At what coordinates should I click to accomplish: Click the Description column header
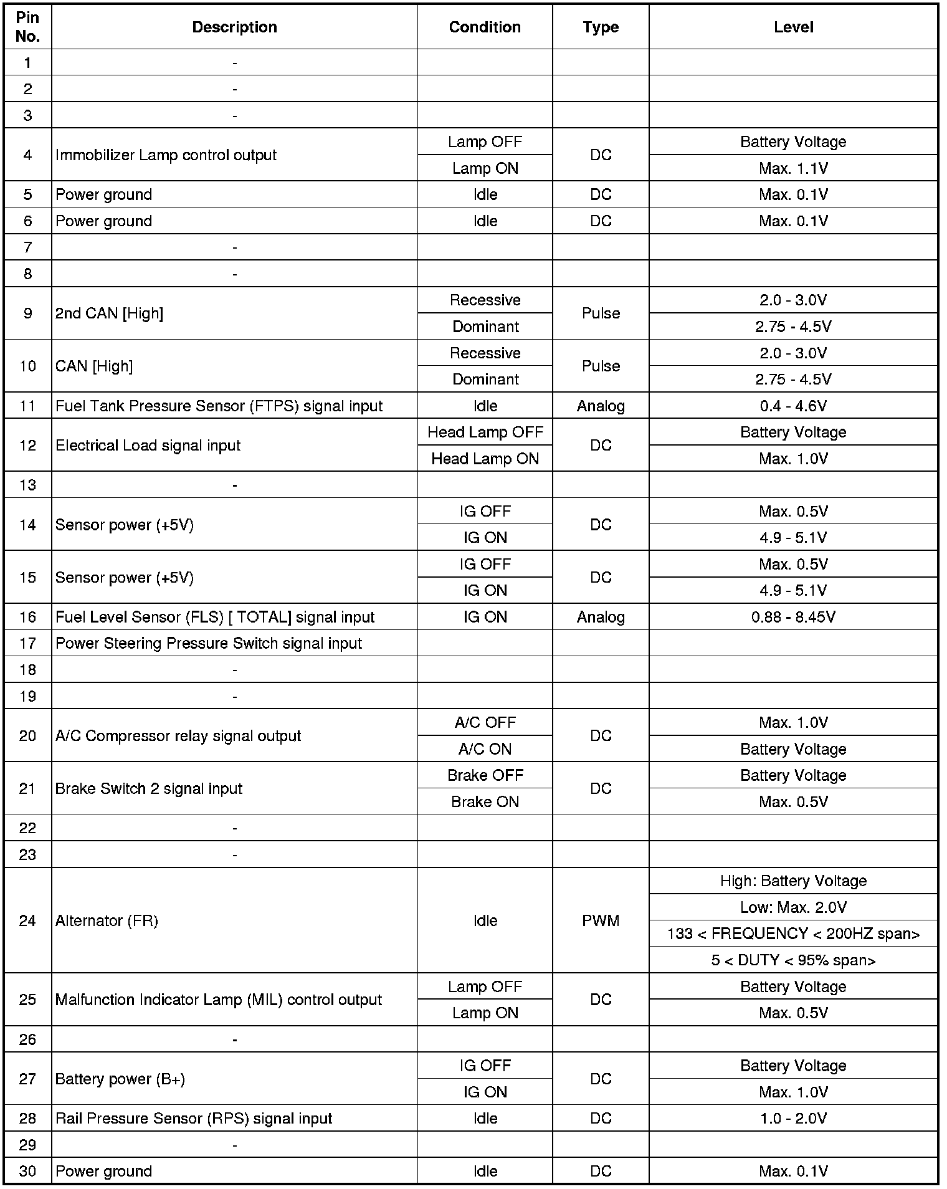234,27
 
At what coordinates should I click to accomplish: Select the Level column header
793,27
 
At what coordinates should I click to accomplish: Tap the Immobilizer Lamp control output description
166,155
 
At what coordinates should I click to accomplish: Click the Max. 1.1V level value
793,168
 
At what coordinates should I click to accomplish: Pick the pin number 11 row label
27,406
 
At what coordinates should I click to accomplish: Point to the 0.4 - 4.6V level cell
793,406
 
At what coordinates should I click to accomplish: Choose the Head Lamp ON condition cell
485,459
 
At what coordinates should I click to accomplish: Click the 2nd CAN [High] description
109,313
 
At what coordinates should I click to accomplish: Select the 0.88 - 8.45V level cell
793,617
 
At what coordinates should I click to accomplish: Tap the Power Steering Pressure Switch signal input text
209,643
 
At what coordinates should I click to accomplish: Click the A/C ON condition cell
485,749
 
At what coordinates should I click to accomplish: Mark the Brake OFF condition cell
485,775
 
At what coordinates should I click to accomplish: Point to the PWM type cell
601,920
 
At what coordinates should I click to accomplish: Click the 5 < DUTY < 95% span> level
793,960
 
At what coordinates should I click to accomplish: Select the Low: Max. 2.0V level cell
793,907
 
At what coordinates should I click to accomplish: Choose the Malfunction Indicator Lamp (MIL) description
218,1000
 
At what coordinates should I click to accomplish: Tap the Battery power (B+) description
120,1079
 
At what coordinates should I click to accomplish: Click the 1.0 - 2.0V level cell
793,1118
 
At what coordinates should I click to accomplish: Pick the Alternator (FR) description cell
107,920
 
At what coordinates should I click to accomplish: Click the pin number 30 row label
27,1171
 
